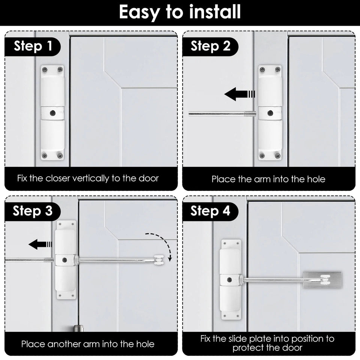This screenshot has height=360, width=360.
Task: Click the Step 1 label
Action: point(33,47)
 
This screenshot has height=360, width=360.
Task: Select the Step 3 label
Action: point(33,211)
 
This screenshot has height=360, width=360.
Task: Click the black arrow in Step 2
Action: point(240,94)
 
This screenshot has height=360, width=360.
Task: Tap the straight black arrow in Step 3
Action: point(40,245)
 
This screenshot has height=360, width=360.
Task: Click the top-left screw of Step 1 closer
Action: point(45,69)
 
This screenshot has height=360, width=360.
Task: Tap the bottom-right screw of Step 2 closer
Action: point(277,156)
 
